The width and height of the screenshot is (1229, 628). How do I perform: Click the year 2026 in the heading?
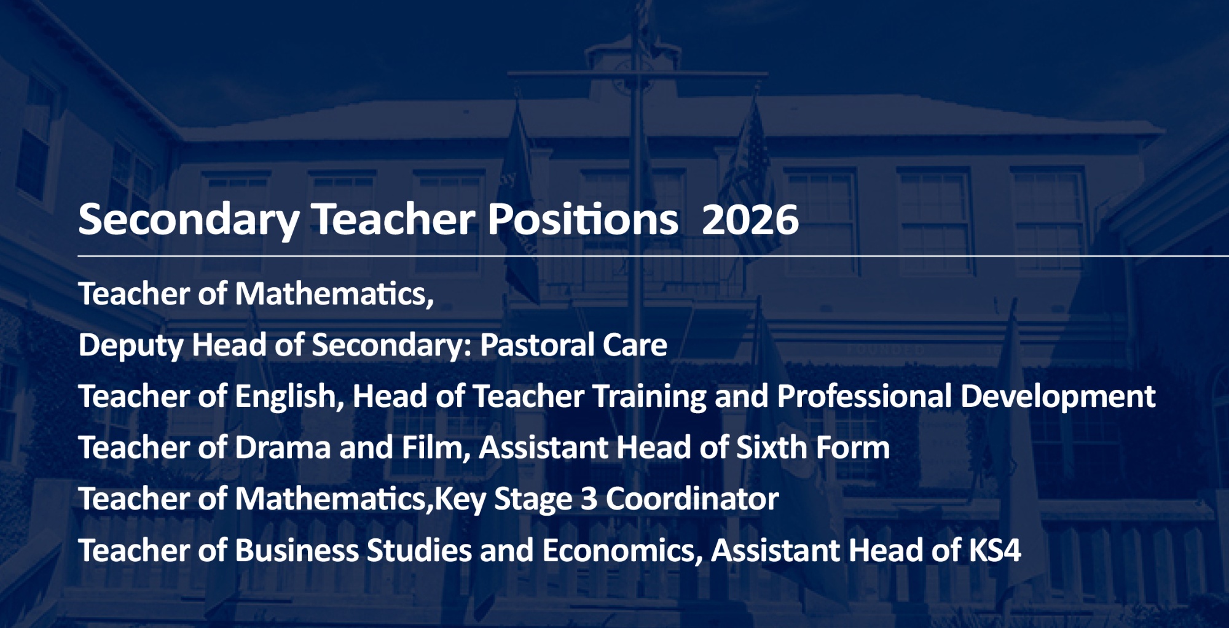tap(750, 220)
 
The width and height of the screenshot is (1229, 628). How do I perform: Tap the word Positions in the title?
tap(583, 219)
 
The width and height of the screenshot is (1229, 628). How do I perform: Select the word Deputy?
tap(131, 346)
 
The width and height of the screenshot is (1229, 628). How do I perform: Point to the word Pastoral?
tap(536, 345)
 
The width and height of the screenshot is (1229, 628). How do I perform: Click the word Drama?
tap(283, 448)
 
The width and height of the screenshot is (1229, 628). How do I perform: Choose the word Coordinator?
tap(692, 498)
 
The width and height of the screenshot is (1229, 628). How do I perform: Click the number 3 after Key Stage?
tap(589, 499)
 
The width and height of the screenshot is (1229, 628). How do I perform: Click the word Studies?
tap(419, 550)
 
